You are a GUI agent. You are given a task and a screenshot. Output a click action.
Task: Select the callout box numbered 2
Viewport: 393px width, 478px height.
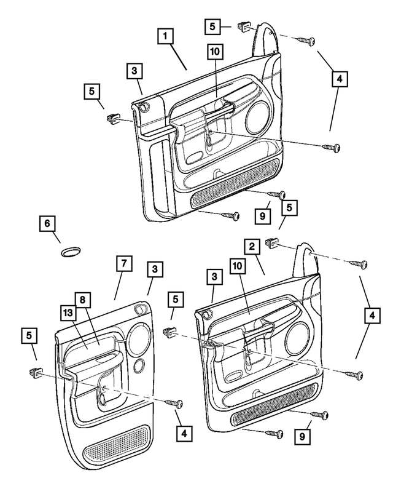click(x=251, y=247)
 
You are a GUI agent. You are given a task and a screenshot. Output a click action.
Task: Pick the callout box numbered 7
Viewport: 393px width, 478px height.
click(x=123, y=263)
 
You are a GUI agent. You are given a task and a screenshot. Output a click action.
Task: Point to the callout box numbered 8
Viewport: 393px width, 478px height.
click(x=82, y=300)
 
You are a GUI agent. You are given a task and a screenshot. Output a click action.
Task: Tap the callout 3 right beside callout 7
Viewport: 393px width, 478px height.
click(x=155, y=269)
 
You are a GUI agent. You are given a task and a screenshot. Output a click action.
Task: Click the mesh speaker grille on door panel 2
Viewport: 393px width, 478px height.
click(x=274, y=405)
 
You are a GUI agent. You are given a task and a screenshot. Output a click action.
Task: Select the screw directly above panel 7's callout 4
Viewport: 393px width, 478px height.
click(x=176, y=404)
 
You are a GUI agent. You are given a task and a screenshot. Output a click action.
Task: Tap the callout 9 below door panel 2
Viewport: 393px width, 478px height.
click(x=302, y=436)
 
